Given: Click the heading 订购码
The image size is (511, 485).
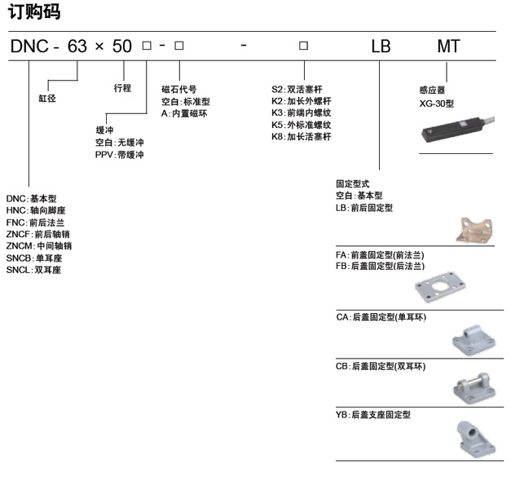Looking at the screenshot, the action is tap(34, 12).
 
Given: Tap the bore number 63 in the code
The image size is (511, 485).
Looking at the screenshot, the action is tap(77, 46).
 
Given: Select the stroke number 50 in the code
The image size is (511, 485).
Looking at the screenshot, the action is tap(122, 46).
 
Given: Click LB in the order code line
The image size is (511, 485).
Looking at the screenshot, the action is tap(381, 46).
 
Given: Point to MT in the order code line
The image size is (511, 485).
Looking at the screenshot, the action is tap(448, 46).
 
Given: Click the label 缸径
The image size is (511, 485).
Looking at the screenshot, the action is tap(47, 98).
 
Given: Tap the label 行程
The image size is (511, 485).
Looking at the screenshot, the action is tap(122, 88).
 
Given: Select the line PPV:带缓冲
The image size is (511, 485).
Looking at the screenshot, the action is tap(119, 155).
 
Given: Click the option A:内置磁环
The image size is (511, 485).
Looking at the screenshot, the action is tap(184, 113).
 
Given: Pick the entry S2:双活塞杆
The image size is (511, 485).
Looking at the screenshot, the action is tap(297, 90).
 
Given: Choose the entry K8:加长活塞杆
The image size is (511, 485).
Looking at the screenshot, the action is tap(301, 137).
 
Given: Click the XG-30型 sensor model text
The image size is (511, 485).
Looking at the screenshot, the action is tap(436, 104).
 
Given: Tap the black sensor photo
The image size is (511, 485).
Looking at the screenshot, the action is tap(457, 129).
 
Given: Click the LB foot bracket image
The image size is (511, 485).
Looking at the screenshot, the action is tap(475, 230).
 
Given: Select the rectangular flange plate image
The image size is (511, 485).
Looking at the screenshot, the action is tap(440, 287).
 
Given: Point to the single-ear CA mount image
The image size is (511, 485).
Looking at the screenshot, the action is tap(474, 340).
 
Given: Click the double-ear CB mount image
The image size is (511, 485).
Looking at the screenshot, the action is tap(474, 389).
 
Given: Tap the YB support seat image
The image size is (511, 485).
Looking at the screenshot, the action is tap(476, 440).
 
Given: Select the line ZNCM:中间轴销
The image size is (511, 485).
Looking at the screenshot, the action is tap(39, 246).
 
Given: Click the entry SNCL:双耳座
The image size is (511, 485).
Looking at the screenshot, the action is tap(33, 270).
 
